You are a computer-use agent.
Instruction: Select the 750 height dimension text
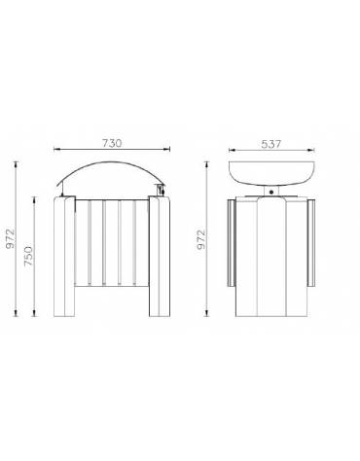(32, 255)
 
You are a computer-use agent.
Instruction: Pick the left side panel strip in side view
(227, 243)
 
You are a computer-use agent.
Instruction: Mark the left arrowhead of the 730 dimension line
(56, 150)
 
